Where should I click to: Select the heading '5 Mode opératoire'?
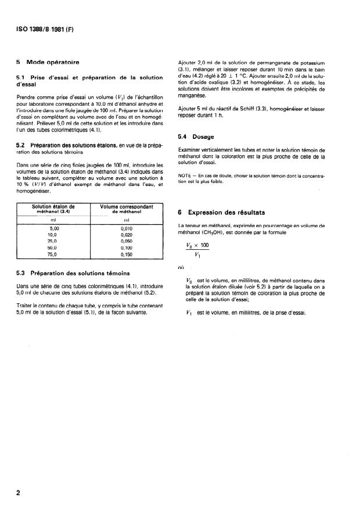(x=48, y=62)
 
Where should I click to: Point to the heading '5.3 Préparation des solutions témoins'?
(x=72, y=273)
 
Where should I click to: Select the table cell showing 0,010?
(x=127, y=230)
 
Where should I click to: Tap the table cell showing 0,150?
(x=127, y=254)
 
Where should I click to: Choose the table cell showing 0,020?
(x=127, y=235)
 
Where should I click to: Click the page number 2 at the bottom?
(x=19, y=493)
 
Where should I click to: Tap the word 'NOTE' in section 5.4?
(x=184, y=175)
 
